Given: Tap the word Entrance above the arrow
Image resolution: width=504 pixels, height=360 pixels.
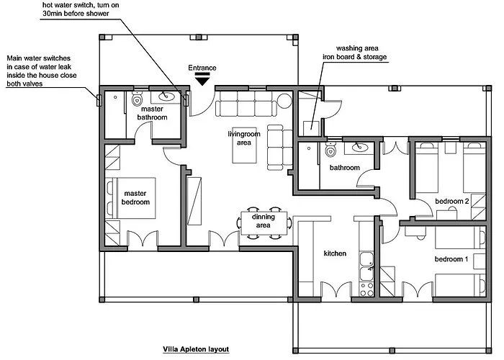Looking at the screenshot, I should pos(202,68).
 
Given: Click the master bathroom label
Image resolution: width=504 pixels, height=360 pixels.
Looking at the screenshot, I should pos(153,112).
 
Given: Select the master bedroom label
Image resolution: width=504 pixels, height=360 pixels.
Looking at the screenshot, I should pos(136,198).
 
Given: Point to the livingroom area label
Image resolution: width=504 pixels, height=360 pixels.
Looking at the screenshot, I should pos(243,138).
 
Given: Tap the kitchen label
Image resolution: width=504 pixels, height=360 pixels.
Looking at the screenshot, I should pos(335,253).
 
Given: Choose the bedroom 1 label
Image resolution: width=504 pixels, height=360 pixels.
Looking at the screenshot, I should pos(451,258).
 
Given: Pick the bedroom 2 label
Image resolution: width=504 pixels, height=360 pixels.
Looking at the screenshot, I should pos(452,201).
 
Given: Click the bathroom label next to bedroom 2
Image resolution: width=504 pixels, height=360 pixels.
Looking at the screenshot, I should pos(344,168).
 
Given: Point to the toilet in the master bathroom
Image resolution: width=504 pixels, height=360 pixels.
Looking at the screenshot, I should pos(137,101).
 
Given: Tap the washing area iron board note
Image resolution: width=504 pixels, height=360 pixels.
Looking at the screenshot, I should pos(354,53).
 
